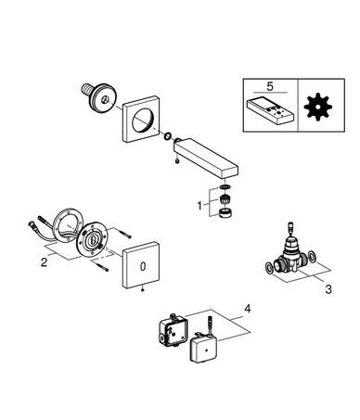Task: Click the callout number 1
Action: tap(199, 205)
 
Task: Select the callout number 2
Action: tap(45, 262)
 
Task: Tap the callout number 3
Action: tap(328, 289)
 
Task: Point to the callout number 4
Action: tap(248, 309)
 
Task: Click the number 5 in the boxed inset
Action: tap(270, 86)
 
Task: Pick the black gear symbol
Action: tap(317, 107)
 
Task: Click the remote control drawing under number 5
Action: tap(271, 111)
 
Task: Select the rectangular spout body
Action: tap(206, 158)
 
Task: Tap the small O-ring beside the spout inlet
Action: tap(168, 135)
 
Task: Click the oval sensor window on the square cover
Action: tap(143, 266)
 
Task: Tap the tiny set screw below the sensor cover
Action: tap(142, 290)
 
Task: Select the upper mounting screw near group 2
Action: tap(123, 233)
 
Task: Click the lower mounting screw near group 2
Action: tap(99, 266)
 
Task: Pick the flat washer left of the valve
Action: tap(269, 268)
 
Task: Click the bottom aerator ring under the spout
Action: tap(225, 213)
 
